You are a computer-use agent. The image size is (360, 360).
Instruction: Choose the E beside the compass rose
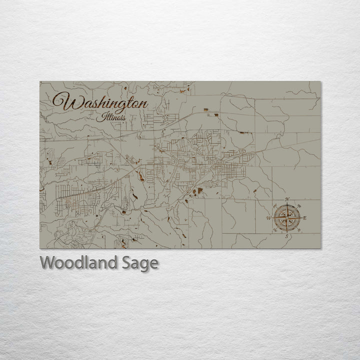click(x=304, y=218)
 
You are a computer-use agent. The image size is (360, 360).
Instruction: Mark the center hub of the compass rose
click(x=287, y=218)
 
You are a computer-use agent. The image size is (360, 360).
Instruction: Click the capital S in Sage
click(x=127, y=262)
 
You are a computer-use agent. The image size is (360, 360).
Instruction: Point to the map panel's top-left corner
click(x=40, y=81)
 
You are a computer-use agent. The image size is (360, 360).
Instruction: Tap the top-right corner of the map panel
click(x=321, y=81)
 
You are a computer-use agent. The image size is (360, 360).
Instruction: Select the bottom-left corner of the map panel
click(x=40, y=248)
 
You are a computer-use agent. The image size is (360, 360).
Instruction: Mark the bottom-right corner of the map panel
click(x=321, y=248)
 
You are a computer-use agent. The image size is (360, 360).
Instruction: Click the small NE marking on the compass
click(x=299, y=206)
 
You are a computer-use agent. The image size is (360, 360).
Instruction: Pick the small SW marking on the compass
click(x=275, y=230)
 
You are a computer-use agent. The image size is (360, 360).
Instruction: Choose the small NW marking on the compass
click(x=275, y=206)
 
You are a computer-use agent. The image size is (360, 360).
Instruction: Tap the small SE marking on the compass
click(x=299, y=230)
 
